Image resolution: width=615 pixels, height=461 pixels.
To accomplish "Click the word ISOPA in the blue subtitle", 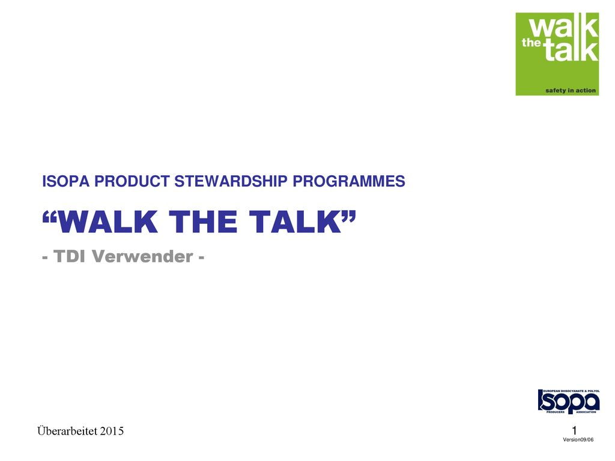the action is [66, 181].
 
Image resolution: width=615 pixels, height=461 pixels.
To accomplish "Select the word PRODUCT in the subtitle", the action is [132, 181].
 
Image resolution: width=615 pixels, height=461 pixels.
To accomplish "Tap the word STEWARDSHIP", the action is [231, 181].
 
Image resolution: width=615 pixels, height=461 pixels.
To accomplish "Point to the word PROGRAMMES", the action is [349, 181].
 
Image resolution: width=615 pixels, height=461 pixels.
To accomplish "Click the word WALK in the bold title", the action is [108, 222].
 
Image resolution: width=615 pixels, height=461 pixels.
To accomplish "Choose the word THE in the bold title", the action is [203, 222].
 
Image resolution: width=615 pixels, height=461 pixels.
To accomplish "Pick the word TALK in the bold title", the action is [295, 222].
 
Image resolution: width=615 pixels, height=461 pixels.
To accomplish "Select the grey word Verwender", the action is [142, 256].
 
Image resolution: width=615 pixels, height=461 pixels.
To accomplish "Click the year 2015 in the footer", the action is [112, 431].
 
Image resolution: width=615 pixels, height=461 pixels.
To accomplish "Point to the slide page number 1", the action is [575, 430].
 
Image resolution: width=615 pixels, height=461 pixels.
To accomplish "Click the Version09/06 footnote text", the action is [578, 440].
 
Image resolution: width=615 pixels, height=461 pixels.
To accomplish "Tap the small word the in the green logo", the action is [532, 43].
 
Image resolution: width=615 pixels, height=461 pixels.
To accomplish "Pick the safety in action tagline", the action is [571, 91].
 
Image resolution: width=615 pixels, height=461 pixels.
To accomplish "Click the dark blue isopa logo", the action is [569, 402].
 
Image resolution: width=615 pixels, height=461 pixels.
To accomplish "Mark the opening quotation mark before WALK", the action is [49, 217].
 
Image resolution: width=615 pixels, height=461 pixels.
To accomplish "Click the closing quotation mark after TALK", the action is [349, 217].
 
